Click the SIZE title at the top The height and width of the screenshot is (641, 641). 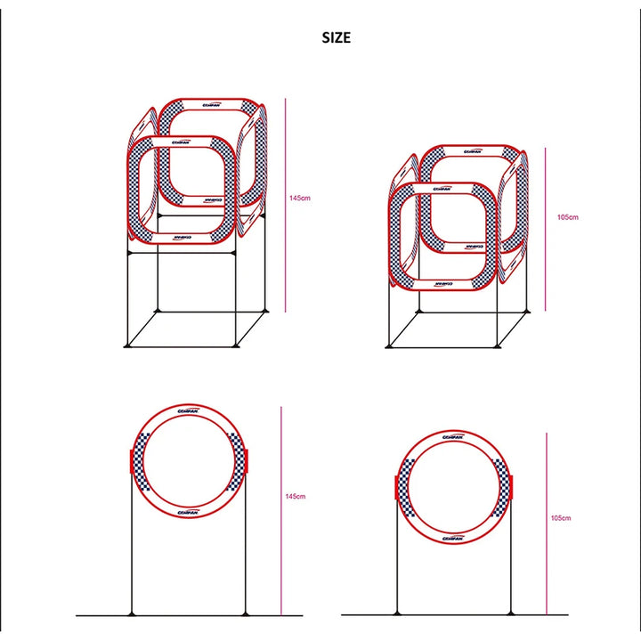(x=337, y=37)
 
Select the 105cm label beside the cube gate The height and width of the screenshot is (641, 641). (x=567, y=216)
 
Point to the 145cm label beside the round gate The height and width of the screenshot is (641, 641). (x=296, y=496)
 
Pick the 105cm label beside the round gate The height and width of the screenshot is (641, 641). (x=561, y=517)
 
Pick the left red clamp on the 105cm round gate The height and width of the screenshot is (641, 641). (x=396, y=488)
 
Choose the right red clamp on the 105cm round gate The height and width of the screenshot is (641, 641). (x=514, y=488)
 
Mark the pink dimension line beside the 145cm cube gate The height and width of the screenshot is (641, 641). (x=286, y=205)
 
